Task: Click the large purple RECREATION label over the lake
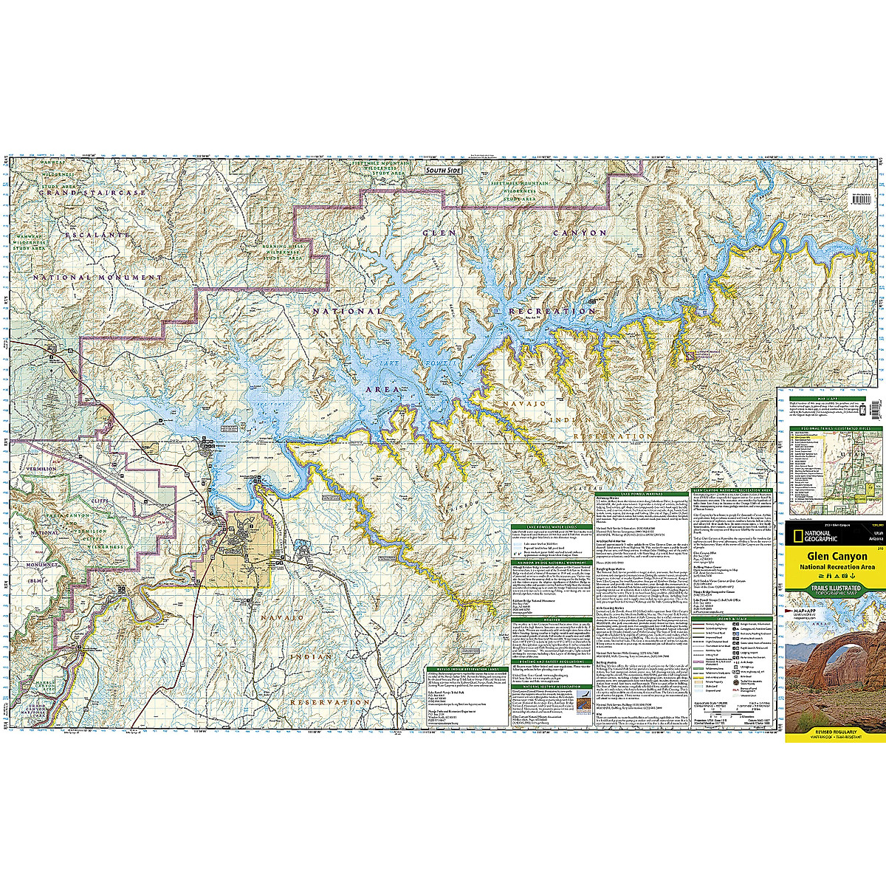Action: (552, 312)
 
